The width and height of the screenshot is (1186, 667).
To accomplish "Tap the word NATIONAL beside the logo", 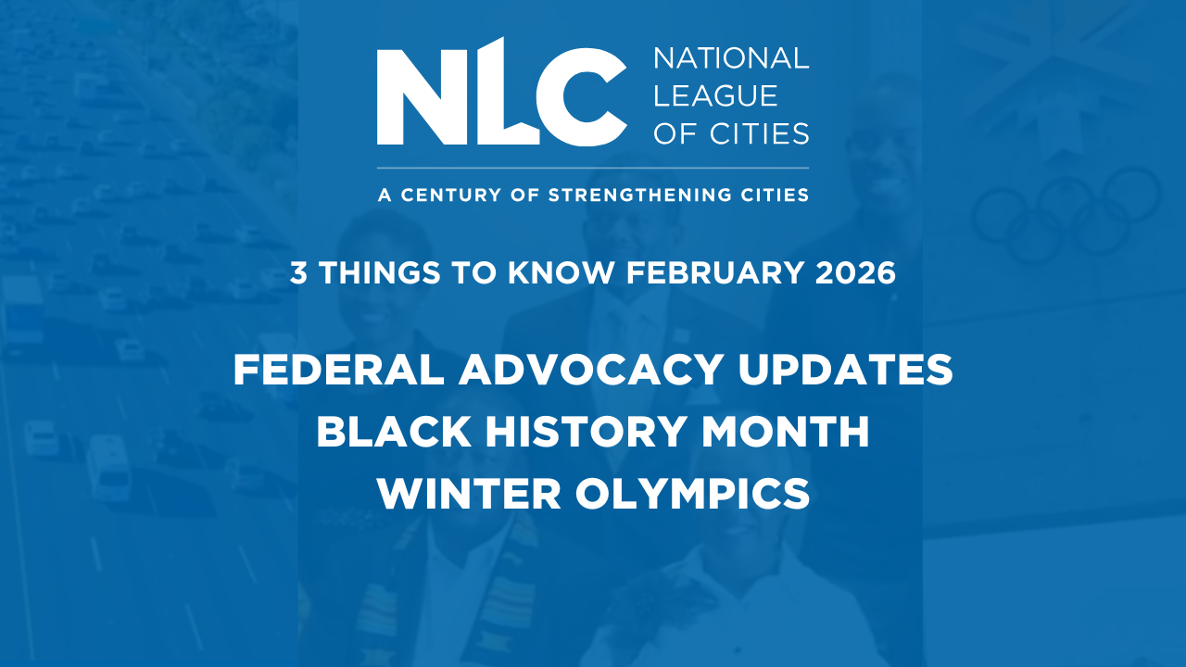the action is (731, 58).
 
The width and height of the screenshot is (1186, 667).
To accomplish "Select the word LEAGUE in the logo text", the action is (715, 95).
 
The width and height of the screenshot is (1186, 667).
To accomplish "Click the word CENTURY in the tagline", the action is (450, 195).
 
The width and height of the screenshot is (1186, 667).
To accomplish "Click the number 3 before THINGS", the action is (298, 273).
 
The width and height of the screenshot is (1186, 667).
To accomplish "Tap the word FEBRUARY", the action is (714, 273).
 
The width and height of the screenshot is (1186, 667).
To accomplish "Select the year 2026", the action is (855, 273).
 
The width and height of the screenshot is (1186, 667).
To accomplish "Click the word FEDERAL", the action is (338, 370).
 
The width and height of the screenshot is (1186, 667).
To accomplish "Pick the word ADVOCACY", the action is (591, 370).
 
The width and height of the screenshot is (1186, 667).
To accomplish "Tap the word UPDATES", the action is (846, 370).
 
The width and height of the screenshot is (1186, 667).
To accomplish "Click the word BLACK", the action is (394, 432).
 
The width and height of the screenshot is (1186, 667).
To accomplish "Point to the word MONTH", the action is (785, 432).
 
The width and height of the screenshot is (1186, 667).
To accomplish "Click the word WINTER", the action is (469, 494).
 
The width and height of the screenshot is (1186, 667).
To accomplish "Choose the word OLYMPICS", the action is (692, 494).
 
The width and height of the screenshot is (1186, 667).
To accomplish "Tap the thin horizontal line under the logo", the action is (593, 169).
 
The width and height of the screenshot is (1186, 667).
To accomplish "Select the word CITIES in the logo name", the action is (759, 132).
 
